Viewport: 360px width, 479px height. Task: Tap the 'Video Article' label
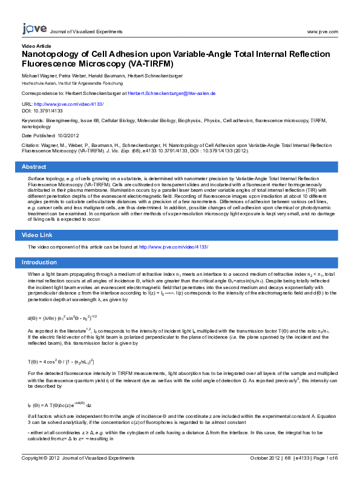pyautogui.click(x=36, y=46)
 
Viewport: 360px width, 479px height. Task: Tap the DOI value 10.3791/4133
pyautogui.click(x=48, y=111)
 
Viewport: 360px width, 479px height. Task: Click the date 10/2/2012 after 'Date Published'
pyautogui.click(x=71, y=135)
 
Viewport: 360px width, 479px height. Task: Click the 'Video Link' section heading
pyautogui.click(x=38, y=235)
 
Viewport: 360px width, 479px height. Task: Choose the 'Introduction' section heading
pyautogui.click(x=39, y=262)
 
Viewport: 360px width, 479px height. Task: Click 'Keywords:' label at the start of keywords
pyautogui.click(x=32, y=121)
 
